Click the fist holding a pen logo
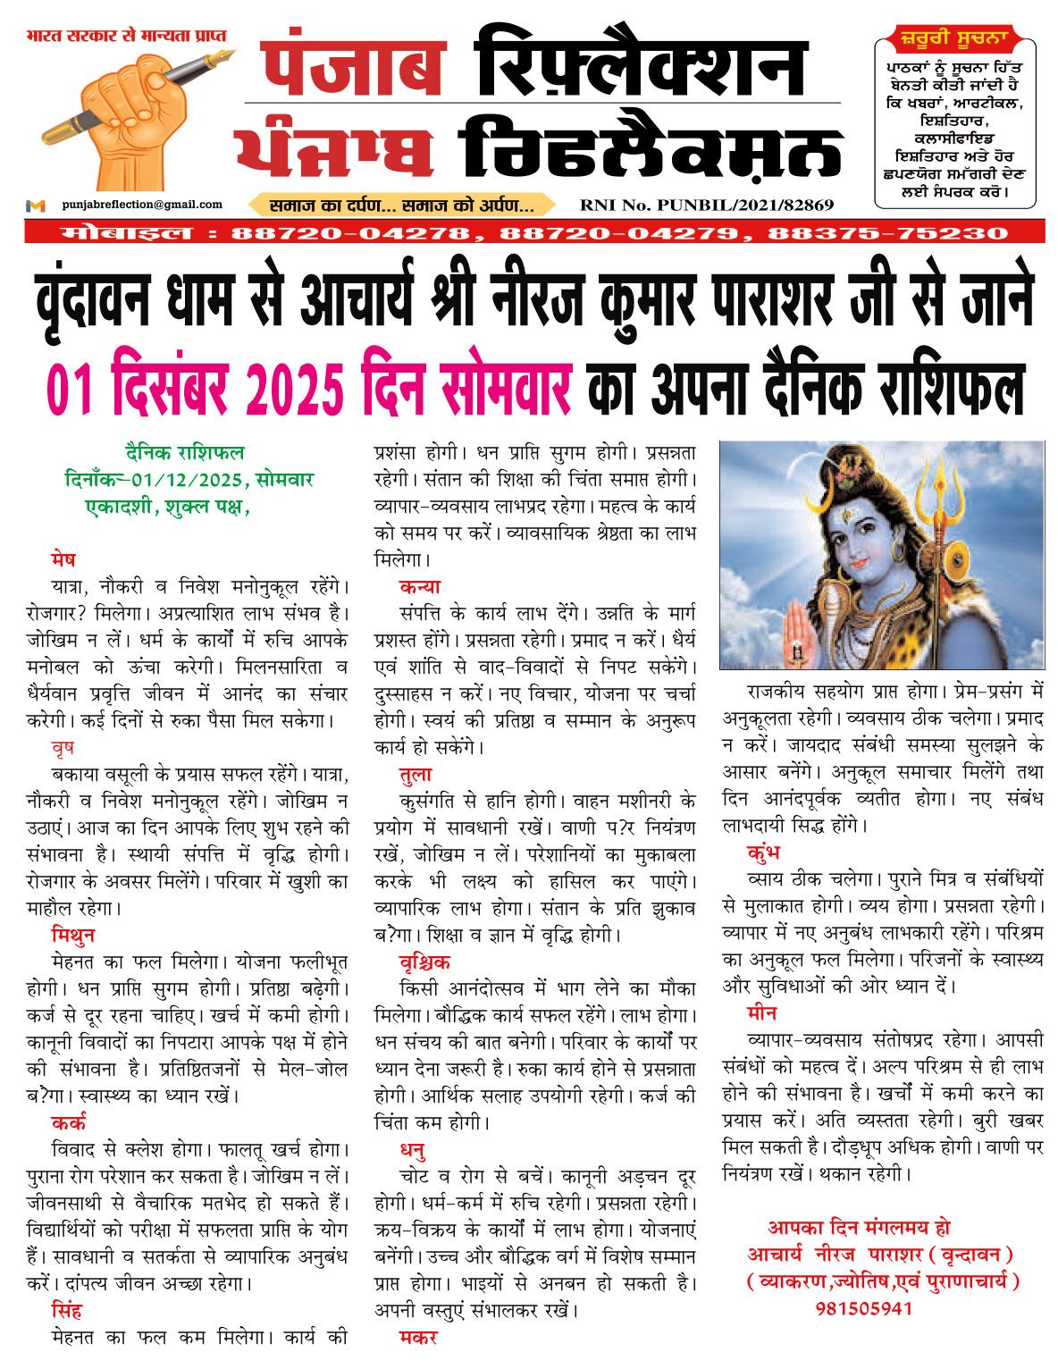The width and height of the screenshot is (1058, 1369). pos(134,112)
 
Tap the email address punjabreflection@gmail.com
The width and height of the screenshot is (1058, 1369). pos(142,205)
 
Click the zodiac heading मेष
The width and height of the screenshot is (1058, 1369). pos(63,560)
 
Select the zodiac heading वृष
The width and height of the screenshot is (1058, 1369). pos(63,748)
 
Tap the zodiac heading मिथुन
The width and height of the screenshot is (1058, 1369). pos(73,936)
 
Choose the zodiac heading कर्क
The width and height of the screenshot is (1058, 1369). pos(69,1123)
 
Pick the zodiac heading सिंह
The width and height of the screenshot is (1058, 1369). pos(67,1311)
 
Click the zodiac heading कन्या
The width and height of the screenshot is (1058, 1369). pos(420,587)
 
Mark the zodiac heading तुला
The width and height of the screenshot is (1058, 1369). pos(416,775)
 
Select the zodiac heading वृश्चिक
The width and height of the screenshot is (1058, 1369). pos(425,962)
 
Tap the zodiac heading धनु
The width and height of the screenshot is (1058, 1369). pos(413,1150)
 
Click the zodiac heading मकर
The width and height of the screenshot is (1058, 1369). pos(417,1338)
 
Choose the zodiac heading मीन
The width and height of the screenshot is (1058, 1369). pos(762,1013)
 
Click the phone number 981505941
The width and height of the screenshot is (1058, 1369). pos(863,1309)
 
